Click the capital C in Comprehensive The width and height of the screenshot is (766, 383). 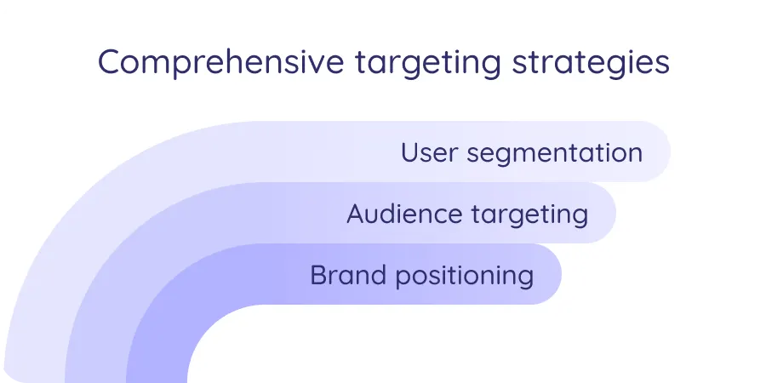tap(109, 64)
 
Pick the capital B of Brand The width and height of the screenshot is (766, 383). tap(319, 275)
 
